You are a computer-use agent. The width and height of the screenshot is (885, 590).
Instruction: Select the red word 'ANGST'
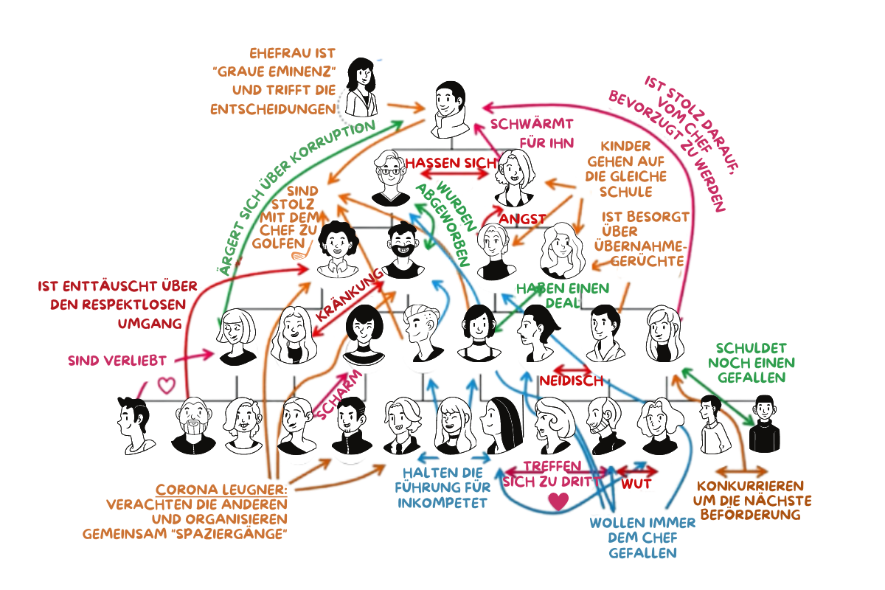coord(522,218)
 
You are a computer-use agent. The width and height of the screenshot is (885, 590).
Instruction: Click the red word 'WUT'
coord(635,485)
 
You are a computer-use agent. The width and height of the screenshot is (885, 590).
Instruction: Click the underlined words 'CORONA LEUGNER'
coord(221,490)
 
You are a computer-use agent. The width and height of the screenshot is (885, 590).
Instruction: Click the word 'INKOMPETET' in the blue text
coord(442,504)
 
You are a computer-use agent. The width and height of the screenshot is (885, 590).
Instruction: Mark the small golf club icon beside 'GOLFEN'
coord(299,255)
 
